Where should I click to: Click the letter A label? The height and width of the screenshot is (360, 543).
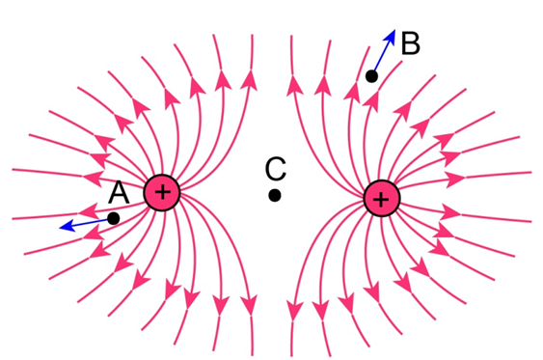point(119,192)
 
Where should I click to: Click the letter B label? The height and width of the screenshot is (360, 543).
point(410,43)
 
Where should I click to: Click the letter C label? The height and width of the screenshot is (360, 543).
point(276,169)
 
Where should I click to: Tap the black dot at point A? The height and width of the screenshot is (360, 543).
point(113,219)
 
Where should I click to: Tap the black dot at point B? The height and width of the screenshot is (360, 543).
point(372,76)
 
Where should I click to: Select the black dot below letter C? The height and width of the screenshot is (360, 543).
point(275,195)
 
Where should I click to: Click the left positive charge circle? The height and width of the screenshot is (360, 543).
point(162,193)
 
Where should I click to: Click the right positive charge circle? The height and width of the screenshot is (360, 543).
point(382,199)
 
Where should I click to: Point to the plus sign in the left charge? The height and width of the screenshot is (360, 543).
point(163,192)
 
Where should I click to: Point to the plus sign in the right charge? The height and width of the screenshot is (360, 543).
point(381,200)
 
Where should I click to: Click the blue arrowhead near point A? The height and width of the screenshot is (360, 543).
point(68,226)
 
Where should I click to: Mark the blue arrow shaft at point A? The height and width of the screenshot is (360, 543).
point(91,222)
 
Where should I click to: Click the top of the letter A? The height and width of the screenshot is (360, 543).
point(119,181)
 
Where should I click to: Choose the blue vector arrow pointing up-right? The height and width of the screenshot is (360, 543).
point(385,51)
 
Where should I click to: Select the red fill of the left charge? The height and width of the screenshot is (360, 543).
point(152,201)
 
